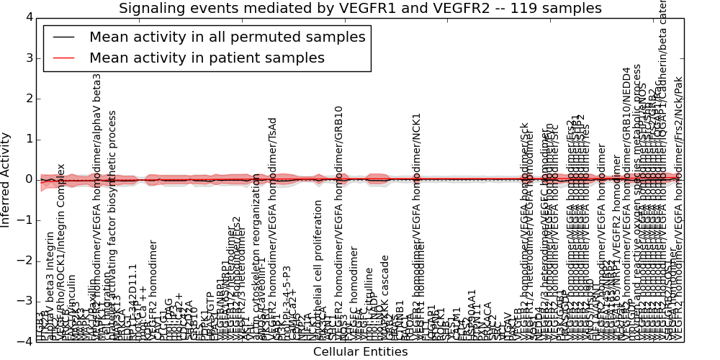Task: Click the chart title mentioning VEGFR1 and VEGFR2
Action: [x=360, y=9]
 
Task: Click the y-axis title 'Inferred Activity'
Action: [x=6, y=179]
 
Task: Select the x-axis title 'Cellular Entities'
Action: [x=360, y=351]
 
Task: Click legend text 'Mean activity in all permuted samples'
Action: [x=227, y=37]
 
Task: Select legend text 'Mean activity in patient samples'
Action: [x=207, y=58]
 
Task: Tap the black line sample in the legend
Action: [x=63, y=37]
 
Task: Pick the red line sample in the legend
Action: [x=63, y=58]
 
